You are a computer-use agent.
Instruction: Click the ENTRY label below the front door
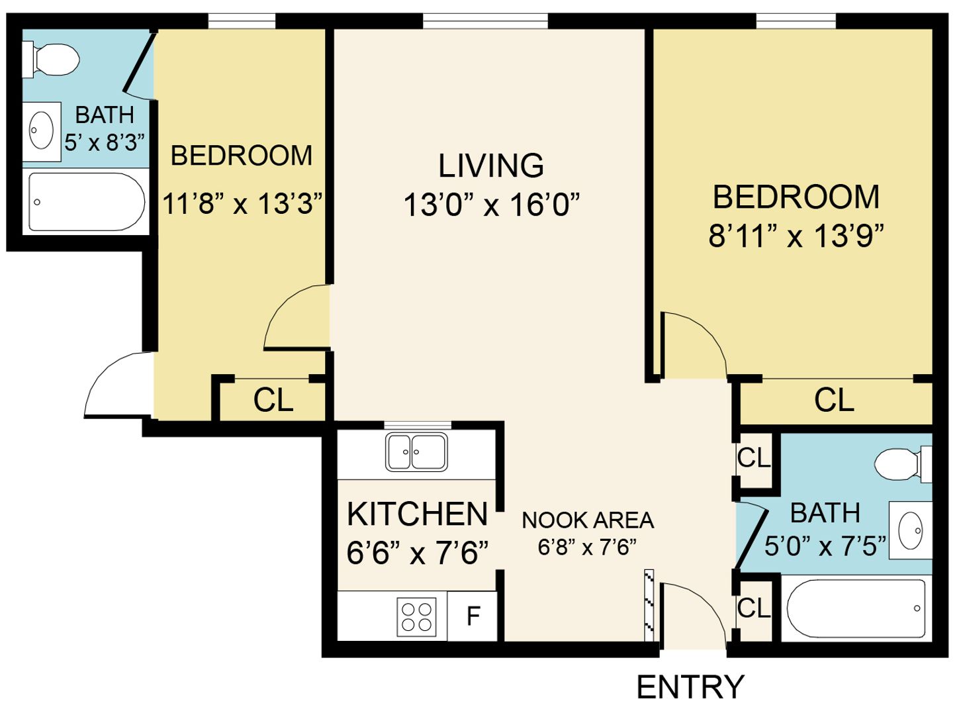pyautogui.click(x=690, y=687)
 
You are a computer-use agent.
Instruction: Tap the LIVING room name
pyautogui.click(x=491, y=166)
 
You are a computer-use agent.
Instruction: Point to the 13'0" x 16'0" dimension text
pyautogui.click(x=491, y=205)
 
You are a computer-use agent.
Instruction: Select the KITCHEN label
pyautogui.click(x=417, y=514)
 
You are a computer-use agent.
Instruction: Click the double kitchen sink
pyautogui.click(x=416, y=452)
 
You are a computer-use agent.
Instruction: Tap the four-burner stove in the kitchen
pyautogui.click(x=416, y=617)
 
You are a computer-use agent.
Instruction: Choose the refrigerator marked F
pyautogui.click(x=473, y=616)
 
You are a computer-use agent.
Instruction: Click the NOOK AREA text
pyautogui.click(x=588, y=521)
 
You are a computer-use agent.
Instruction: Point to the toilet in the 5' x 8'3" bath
pyautogui.click(x=51, y=60)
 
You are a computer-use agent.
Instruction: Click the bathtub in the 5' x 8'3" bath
pyautogui.click(x=87, y=202)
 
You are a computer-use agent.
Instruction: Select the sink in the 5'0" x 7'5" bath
pyautogui.click(x=910, y=530)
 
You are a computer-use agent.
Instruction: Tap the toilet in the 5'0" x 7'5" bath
pyautogui.click(x=903, y=464)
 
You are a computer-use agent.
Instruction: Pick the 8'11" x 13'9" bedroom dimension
pyautogui.click(x=796, y=236)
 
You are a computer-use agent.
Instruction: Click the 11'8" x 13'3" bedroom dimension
pyautogui.click(x=243, y=203)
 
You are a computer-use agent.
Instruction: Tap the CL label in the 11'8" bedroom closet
pyautogui.click(x=273, y=400)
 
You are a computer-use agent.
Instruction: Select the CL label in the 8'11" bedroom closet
pyautogui.click(x=834, y=400)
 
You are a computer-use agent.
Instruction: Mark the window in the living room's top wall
pyautogui.click(x=485, y=21)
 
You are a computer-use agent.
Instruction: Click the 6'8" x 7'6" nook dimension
pyautogui.click(x=587, y=548)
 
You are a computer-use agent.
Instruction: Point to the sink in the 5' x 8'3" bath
pyautogui.click(x=42, y=132)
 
